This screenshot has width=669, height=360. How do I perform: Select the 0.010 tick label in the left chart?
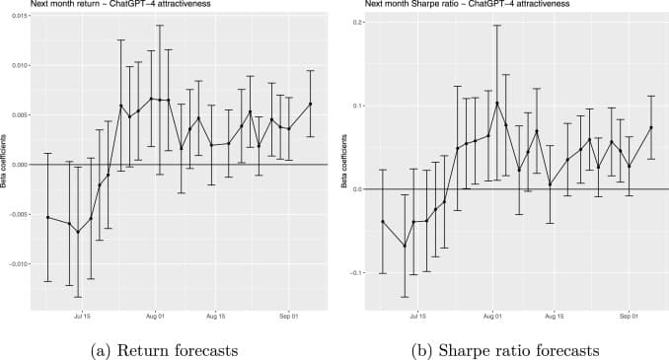click(x=19, y=65)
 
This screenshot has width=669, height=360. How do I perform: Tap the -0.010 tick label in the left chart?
click(x=17, y=263)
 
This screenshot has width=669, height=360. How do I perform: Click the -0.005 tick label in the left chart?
click(x=17, y=214)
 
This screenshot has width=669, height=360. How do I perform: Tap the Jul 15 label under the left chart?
click(x=83, y=319)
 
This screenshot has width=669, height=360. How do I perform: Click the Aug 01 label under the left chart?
click(x=155, y=319)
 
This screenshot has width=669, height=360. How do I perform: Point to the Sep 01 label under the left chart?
click(x=288, y=319)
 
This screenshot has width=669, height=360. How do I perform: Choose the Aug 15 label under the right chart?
click(x=554, y=319)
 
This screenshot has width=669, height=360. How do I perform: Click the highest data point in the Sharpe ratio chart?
click(x=497, y=103)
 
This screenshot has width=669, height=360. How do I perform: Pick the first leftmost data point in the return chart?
click(x=47, y=217)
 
